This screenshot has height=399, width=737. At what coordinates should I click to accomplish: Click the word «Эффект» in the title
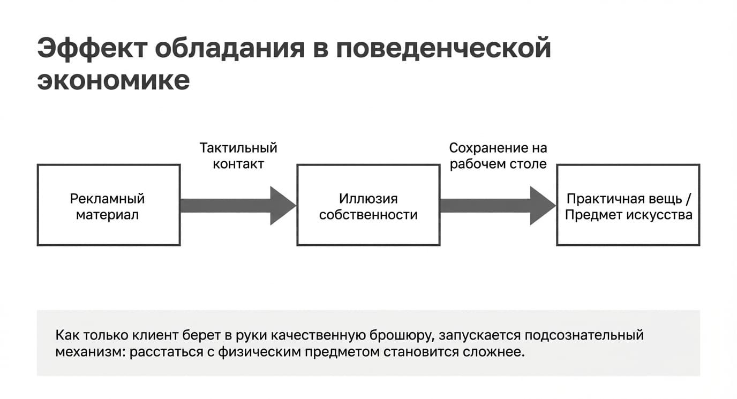92,49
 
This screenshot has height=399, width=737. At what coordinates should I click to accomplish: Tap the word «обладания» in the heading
230,49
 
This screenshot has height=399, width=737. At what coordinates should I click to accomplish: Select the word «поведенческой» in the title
443,49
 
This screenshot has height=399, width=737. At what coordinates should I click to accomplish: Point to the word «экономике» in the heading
114,80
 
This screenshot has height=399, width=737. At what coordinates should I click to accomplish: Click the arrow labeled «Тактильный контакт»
238,206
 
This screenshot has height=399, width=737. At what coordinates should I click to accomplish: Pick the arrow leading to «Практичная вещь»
498,206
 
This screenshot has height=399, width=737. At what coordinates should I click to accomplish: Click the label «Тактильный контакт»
238,156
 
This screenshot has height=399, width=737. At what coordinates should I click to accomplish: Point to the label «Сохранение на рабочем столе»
498,156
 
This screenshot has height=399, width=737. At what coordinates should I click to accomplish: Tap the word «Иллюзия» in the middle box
368,199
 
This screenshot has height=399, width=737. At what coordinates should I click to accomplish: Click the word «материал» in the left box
107,215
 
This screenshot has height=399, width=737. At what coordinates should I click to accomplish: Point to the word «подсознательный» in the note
584,335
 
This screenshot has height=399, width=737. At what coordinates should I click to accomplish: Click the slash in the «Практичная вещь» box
689,199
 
